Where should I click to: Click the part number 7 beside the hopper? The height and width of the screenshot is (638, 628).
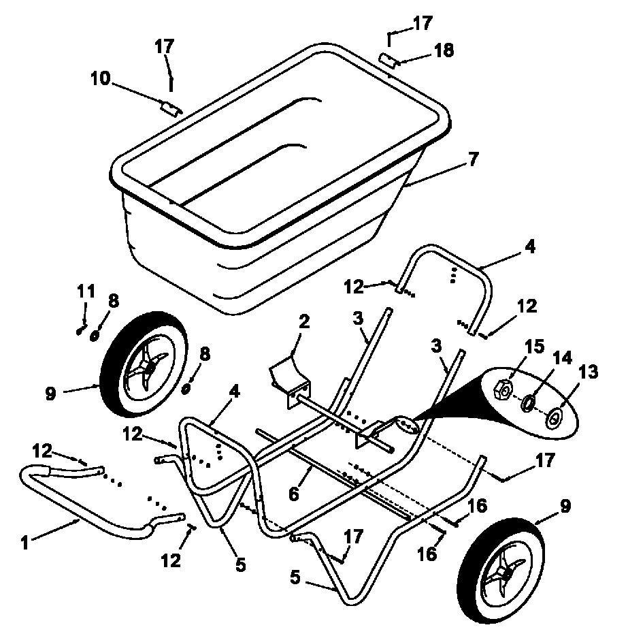pos(473,159)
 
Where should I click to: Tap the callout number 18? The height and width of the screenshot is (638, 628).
pos(444,51)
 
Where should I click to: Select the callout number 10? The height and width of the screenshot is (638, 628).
pos(100,78)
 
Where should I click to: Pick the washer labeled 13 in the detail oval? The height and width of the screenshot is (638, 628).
pos(553,418)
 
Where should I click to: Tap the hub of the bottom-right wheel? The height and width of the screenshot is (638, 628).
pos(504,574)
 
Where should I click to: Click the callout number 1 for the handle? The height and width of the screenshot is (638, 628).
pos(25,543)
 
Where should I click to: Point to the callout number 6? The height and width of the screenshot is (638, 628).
pos(293,494)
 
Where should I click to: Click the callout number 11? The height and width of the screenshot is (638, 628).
pos(86,291)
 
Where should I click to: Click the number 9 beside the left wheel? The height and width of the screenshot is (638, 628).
pos(50,394)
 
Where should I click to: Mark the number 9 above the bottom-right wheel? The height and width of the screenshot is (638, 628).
pos(565,506)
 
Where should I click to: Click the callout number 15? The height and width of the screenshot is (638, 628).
pos(534,347)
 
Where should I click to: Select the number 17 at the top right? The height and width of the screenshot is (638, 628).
pos(423,23)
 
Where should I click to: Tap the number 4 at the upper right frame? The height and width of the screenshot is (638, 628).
pos(529,247)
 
